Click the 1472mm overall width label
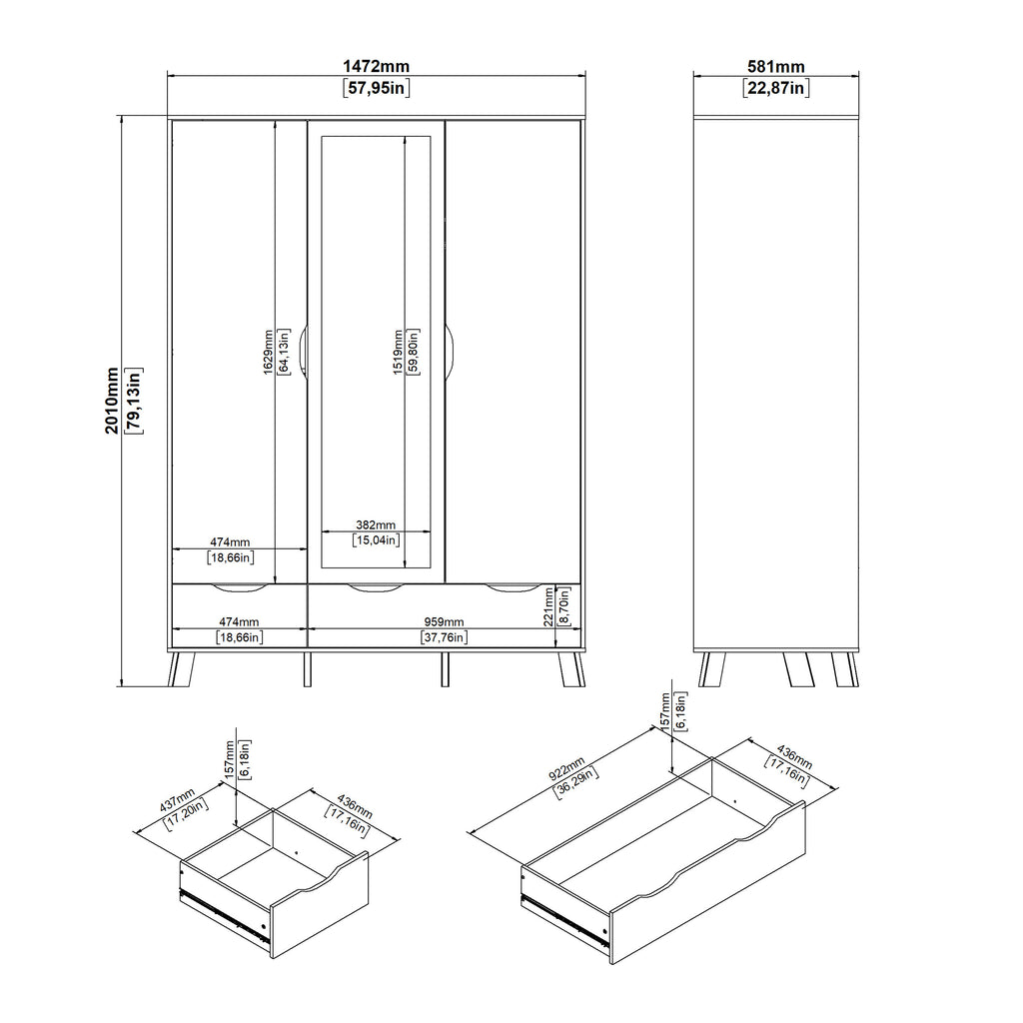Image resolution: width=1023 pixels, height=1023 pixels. pyautogui.click(x=376, y=67)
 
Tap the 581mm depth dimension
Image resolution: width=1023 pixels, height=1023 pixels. pyautogui.click(x=776, y=67)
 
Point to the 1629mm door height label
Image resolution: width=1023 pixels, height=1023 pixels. pyautogui.click(x=268, y=353)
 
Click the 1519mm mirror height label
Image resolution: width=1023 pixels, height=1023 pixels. pyautogui.click(x=399, y=353)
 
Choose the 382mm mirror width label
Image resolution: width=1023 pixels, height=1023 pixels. pyautogui.click(x=376, y=524)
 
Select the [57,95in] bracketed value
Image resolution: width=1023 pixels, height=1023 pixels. pyautogui.click(x=376, y=88)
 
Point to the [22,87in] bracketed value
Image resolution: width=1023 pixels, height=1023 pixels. pyautogui.click(x=776, y=88)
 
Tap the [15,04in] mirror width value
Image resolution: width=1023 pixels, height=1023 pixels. pyautogui.click(x=376, y=540)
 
